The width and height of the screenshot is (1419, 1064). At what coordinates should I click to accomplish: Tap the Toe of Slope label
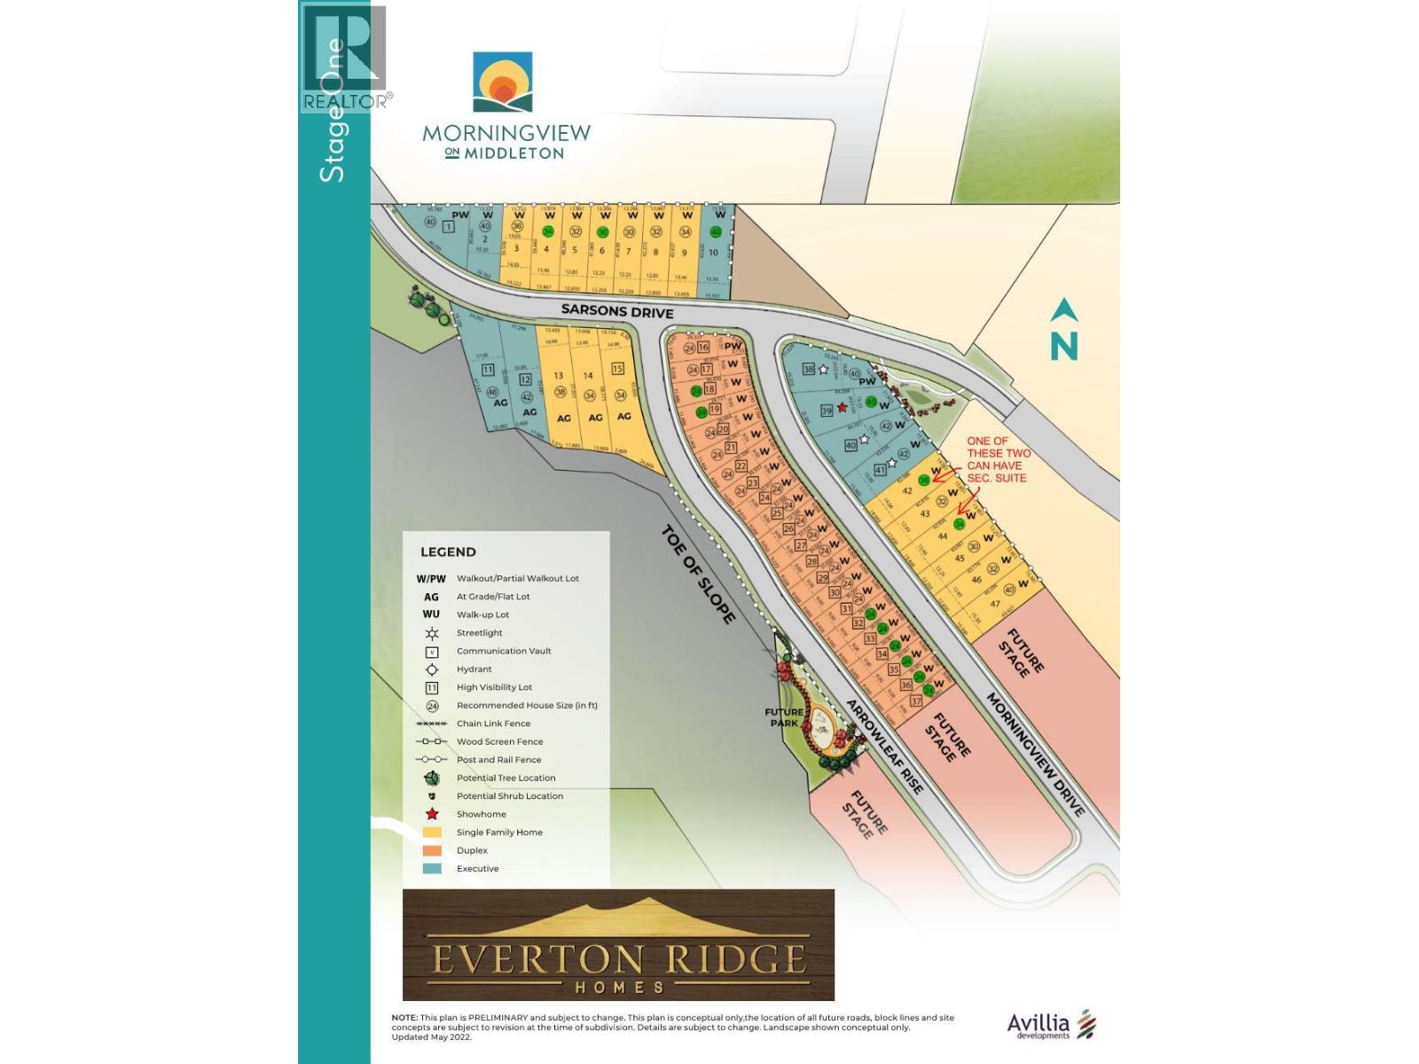coord(699,574)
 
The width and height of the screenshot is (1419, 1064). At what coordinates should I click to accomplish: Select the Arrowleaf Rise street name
coord(884,747)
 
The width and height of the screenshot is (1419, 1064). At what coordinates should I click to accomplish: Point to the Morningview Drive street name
coord(1035,755)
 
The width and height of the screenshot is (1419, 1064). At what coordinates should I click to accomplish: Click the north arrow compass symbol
coord(1064,330)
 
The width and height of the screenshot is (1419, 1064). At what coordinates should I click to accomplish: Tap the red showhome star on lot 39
coord(842,408)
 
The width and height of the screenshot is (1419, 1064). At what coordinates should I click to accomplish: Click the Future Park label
coord(784,716)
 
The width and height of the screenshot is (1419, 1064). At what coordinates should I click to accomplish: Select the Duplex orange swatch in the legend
coord(433,850)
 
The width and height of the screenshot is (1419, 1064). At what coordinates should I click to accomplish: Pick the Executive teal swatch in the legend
coord(433,869)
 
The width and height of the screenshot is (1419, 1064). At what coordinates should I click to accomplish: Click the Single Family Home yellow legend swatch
coord(433,833)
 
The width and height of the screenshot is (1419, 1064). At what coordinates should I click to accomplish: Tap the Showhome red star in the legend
coord(433,814)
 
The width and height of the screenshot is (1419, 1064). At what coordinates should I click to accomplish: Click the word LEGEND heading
coord(448,552)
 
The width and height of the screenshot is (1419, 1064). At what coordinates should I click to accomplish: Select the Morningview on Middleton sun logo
coord(503,82)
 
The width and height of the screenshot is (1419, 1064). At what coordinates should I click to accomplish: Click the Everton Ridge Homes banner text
coord(618,960)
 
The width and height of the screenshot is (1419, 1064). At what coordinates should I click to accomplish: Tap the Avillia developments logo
coord(1051,1025)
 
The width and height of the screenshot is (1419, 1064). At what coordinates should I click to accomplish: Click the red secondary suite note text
coord(998,459)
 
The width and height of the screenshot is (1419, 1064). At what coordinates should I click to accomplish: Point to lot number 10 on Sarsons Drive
coord(713,253)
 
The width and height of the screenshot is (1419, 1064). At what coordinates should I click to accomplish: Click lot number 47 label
coord(995,604)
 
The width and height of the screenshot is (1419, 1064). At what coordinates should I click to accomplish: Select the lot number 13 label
coord(559,376)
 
